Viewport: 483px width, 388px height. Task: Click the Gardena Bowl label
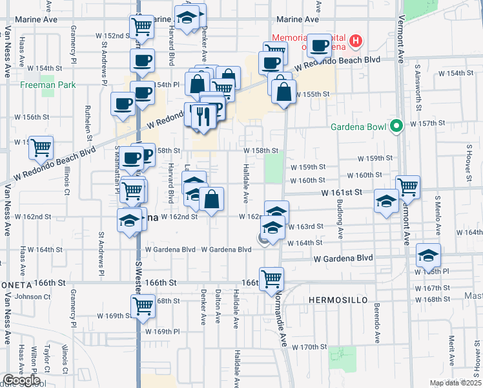point(358,125)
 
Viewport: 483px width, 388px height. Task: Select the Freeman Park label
point(48,85)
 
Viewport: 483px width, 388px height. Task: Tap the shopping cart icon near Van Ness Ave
point(41,147)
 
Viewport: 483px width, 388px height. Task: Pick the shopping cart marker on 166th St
point(272,279)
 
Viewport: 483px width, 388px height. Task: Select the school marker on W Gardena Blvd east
point(428,255)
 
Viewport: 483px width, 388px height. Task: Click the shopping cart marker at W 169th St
point(143,305)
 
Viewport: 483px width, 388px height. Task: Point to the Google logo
point(21,380)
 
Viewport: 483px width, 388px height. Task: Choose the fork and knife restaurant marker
point(203,116)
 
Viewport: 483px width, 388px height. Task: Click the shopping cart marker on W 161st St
point(407,188)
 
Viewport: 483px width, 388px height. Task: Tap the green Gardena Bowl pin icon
point(397,125)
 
